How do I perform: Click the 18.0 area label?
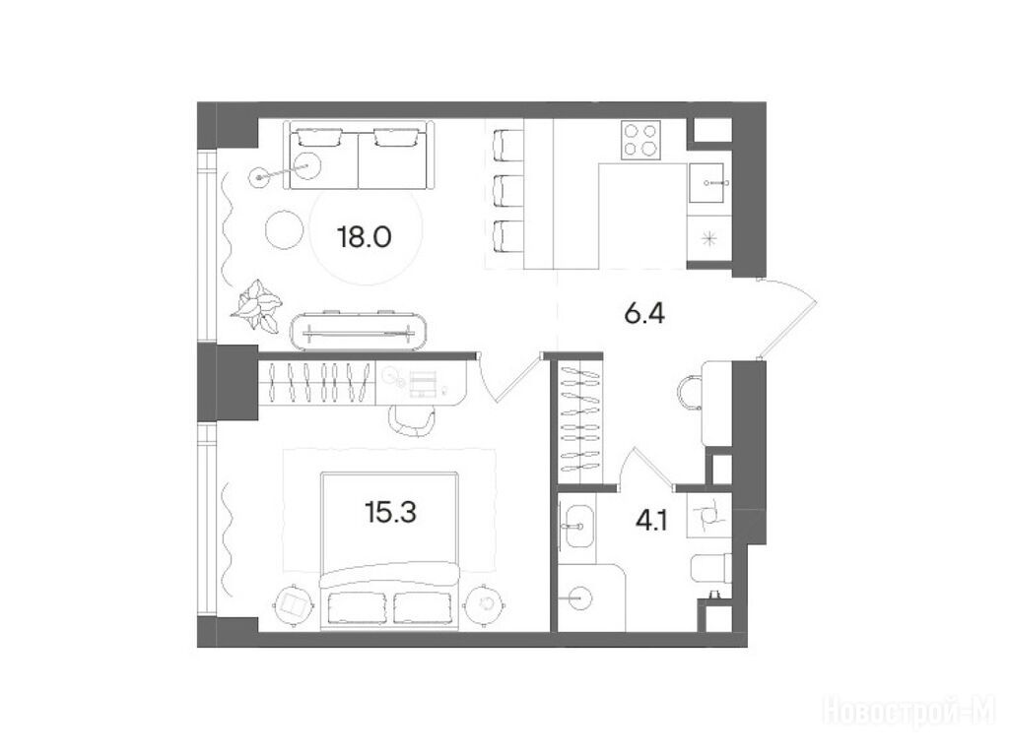(365, 238)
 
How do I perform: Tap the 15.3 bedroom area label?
(390, 513)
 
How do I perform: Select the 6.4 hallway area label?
(644, 314)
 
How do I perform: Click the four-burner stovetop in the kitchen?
(640, 141)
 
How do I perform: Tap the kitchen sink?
(706, 183)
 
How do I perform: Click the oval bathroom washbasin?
(578, 527)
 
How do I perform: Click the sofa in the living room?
(358, 156)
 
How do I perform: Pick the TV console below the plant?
(359, 331)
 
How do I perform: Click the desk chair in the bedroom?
(411, 421)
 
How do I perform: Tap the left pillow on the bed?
(355, 606)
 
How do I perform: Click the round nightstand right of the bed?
(486, 603)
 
